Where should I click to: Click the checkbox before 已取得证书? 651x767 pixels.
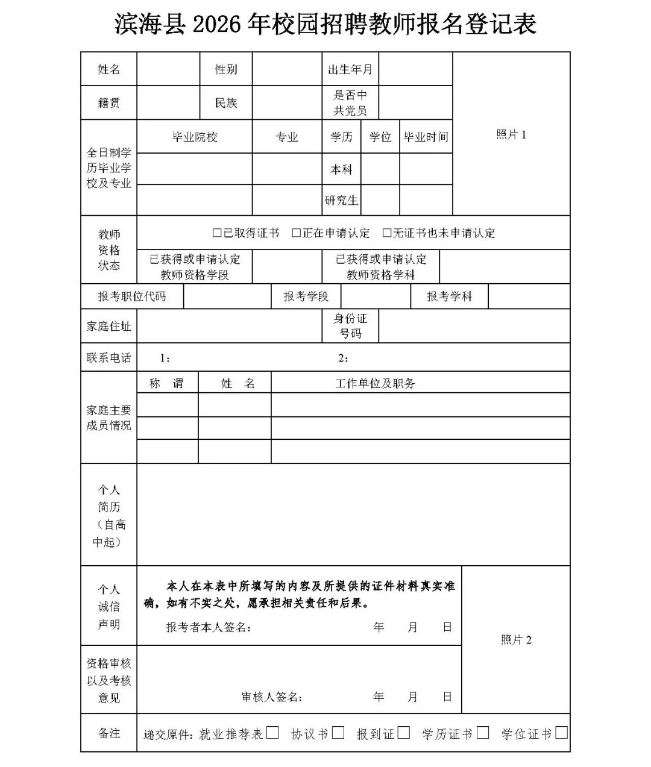217,233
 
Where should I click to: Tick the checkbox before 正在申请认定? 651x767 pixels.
296,233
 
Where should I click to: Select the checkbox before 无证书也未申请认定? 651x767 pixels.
387,233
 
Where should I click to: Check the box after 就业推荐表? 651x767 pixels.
272,733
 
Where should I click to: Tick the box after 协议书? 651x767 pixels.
338,733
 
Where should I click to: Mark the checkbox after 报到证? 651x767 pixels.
404,733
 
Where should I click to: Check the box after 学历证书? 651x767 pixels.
482,733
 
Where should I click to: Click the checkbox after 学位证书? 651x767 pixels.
561,733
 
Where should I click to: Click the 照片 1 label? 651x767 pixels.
511,134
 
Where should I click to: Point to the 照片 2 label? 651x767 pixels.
516,640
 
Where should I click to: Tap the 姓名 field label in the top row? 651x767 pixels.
109,69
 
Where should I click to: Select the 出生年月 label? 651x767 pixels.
350,69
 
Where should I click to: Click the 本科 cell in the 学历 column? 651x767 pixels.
341,169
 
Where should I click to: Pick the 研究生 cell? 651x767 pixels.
341,200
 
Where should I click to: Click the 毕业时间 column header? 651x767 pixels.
426,137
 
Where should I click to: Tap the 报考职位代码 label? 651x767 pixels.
132,296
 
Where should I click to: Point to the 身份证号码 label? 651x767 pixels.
350,326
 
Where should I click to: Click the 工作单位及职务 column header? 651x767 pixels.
376,383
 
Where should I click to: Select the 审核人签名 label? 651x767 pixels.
271,697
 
